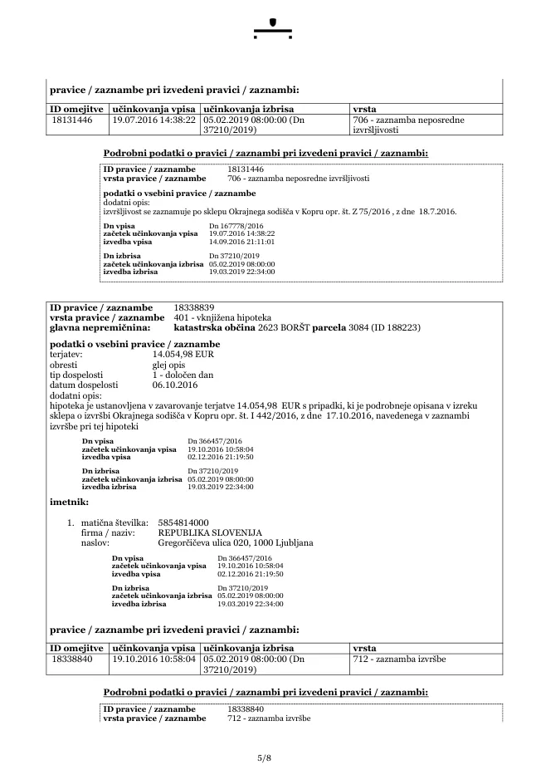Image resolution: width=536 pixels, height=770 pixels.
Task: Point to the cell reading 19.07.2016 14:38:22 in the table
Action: (153, 120)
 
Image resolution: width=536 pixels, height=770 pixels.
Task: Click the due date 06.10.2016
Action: (175, 385)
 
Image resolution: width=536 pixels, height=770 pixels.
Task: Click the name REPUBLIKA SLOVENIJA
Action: (210, 532)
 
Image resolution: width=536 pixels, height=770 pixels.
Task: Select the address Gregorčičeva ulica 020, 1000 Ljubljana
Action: (236, 542)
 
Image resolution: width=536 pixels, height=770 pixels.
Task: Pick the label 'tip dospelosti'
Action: (77, 375)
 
